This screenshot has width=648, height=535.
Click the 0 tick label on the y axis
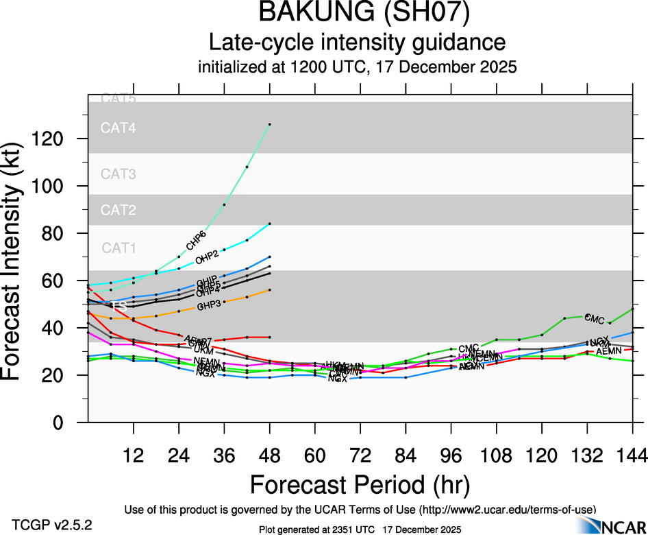tap(71, 423)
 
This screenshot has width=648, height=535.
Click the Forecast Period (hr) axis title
tap(360, 485)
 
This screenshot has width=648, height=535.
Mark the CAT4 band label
tap(119, 128)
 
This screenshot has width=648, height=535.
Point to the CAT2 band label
tap(119, 210)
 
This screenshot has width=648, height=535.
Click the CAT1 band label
tap(119, 248)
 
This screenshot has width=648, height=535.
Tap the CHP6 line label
tap(196, 241)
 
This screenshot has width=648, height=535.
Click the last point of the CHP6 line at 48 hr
tap(270, 124)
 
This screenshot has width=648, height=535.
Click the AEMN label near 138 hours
tap(608, 351)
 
